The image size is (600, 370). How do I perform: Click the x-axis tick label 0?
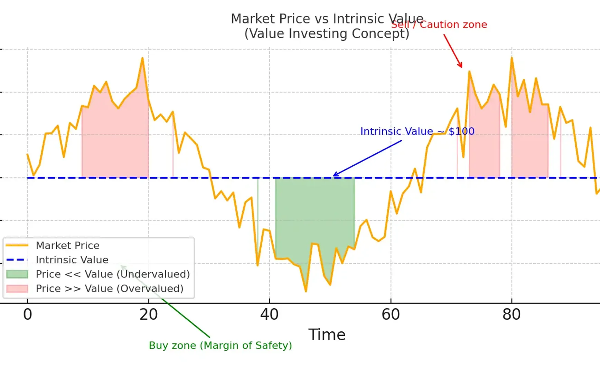[28, 314]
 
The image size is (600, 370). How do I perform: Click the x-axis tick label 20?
[149, 314]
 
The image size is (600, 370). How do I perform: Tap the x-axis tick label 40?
[270, 314]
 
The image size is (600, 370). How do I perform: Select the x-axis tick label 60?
[391, 314]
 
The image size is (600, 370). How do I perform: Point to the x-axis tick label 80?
[512, 314]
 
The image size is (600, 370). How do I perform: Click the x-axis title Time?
[327, 335]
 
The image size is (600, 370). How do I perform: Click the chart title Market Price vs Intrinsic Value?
[327, 19]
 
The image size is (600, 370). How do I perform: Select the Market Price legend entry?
[68, 245]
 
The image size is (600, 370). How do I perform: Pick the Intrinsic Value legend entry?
[72, 260]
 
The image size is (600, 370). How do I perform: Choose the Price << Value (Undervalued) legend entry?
[113, 274]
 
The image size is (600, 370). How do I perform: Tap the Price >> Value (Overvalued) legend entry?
[110, 289]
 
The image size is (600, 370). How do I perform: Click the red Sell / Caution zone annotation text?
[439, 25]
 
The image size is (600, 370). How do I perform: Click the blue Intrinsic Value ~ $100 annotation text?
[417, 131]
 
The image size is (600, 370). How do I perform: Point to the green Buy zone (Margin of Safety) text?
[220, 345]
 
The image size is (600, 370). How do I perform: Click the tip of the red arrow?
[461, 67]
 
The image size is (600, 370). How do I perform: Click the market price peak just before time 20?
[142, 58]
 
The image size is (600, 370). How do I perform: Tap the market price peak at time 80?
[512, 58]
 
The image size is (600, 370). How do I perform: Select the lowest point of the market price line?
[306, 291]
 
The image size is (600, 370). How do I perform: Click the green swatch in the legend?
[17, 274]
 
